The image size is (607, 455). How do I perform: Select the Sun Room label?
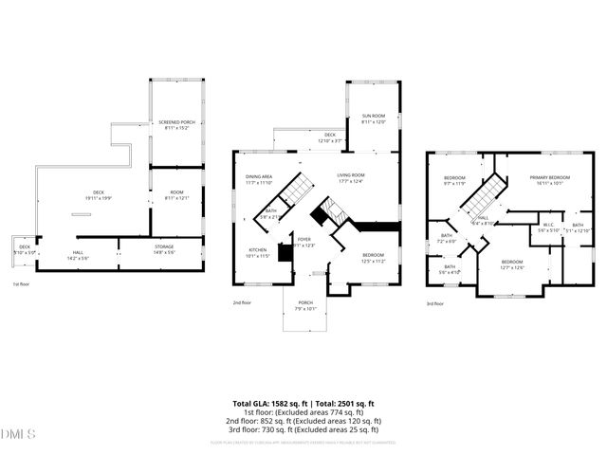[x=374, y=118]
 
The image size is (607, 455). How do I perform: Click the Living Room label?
[x=351, y=177]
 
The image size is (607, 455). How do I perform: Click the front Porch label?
[x=304, y=305]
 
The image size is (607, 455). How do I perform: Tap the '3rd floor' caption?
[x=434, y=303]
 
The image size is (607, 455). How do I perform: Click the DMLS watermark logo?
[x=18, y=434]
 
